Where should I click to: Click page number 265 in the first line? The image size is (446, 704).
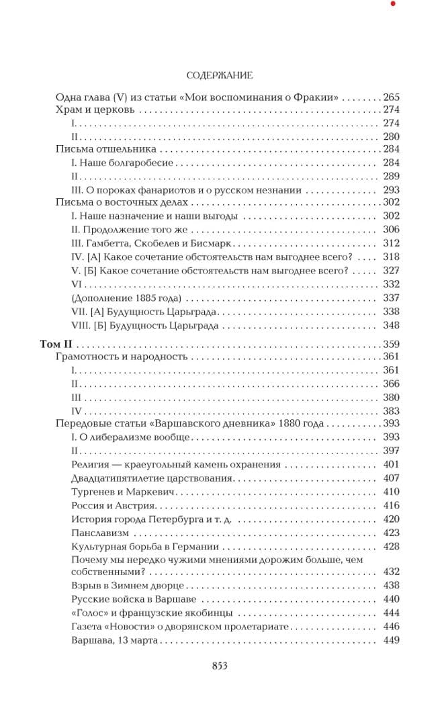click(390, 96)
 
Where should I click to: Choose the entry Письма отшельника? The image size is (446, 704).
click(105, 149)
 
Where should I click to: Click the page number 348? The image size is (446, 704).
click(390, 325)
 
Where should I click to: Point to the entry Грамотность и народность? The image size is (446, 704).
click(121, 357)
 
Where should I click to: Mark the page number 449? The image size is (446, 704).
click(390, 640)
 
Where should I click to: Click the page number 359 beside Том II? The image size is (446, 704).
click(390, 344)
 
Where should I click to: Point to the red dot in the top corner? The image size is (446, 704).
click(393, 4)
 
